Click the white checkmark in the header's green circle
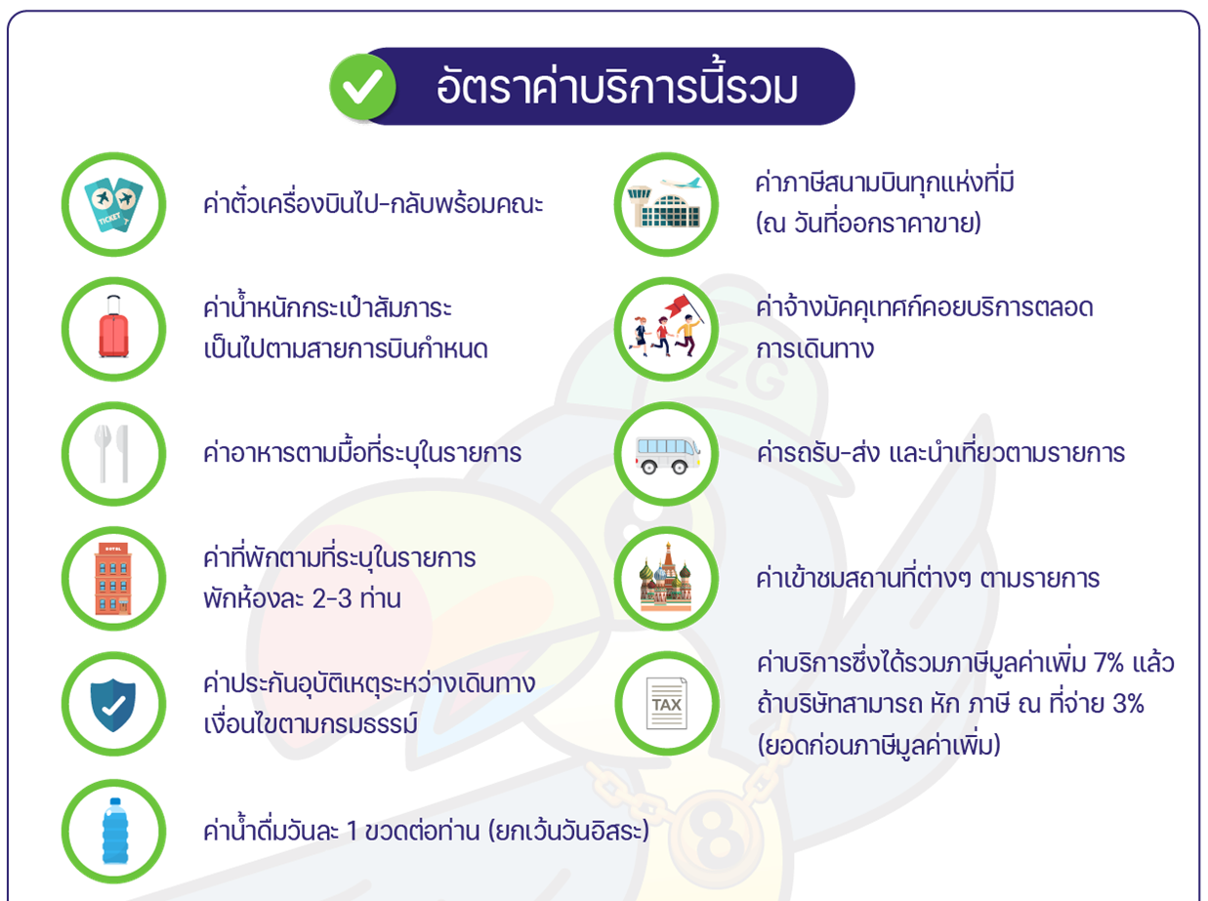362,87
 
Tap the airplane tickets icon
113,204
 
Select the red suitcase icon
113,327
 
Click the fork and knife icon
113,453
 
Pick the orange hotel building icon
113,579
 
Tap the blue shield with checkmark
113,705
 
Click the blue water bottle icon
115,831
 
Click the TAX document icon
666,704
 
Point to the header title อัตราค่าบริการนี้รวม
617,87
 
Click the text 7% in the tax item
1108,663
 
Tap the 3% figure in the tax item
1128,704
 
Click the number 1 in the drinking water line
353,831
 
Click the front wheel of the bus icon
679,468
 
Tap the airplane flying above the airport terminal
681,183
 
